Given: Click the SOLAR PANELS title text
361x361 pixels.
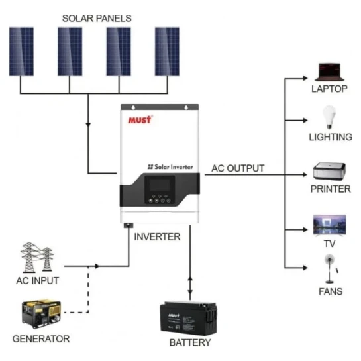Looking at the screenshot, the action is click(x=97, y=19).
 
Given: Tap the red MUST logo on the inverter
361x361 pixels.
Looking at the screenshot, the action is click(x=140, y=119).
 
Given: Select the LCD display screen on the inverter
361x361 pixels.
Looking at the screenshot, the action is click(x=160, y=184).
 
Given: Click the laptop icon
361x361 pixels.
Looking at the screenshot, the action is click(x=329, y=72).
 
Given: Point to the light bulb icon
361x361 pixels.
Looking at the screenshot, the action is click(x=329, y=117).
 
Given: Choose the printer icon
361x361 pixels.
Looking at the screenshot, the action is click(x=329, y=172).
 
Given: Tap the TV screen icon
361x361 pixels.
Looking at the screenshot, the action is click(x=329, y=225).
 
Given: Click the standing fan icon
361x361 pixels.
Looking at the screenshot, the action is click(x=331, y=269).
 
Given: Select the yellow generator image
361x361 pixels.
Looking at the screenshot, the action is click(x=42, y=314).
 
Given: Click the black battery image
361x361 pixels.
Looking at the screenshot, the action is click(x=188, y=319).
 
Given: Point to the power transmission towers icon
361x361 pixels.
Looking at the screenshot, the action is click(x=37, y=257).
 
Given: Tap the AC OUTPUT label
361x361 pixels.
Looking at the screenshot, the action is click(x=238, y=168).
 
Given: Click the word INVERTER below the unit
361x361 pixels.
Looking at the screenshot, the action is click(x=157, y=237).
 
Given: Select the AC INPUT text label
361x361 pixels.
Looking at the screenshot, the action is click(x=38, y=280).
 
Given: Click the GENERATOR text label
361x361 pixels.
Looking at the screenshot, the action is click(x=41, y=339).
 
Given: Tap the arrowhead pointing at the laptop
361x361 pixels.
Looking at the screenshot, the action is click(x=305, y=78).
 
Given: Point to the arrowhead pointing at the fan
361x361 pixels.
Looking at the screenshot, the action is click(x=305, y=268).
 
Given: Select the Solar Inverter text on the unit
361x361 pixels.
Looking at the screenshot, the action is click(x=170, y=167).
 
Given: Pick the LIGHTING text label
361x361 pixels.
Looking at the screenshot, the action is click(x=331, y=137).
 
